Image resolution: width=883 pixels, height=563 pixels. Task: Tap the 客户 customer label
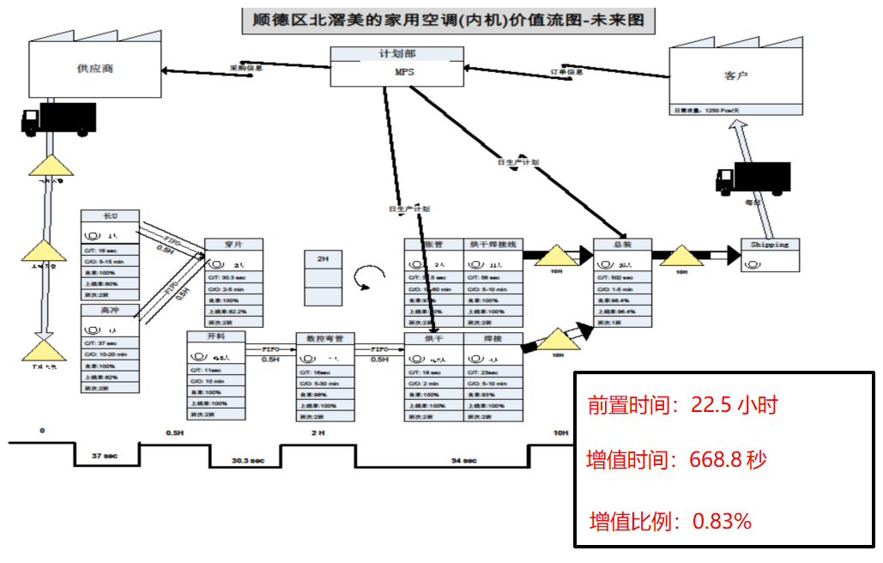click(x=735, y=76)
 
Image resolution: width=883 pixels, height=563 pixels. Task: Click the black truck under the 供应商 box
click(x=58, y=118)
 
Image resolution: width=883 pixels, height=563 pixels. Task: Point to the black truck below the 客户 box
click(x=753, y=178)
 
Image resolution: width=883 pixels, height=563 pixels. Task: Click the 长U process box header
click(x=110, y=216)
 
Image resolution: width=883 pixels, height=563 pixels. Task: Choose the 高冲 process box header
click(x=110, y=310)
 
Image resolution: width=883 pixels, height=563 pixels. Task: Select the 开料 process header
click(x=215, y=337)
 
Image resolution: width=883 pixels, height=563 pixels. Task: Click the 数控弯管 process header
click(x=324, y=339)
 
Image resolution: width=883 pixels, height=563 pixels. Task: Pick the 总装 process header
click(x=622, y=245)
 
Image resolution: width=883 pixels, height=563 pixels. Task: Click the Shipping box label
click(x=769, y=245)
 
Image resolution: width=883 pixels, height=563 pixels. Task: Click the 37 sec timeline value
click(x=105, y=456)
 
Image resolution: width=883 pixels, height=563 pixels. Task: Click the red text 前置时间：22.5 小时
click(x=682, y=405)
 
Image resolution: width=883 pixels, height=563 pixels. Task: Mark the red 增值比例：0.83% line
click(x=670, y=520)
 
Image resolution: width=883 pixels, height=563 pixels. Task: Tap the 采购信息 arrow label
click(x=245, y=67)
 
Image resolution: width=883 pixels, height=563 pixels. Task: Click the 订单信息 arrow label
click(x=566, y=72)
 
